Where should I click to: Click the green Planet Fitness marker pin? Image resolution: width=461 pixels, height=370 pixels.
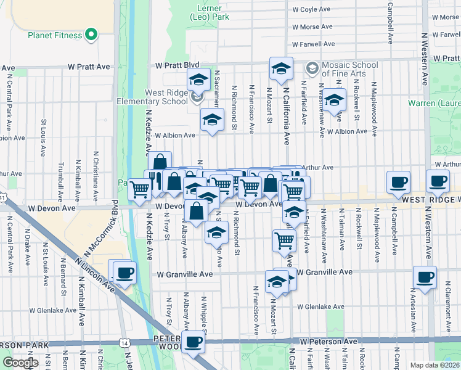92,35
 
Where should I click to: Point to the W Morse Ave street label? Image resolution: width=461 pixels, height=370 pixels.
312,27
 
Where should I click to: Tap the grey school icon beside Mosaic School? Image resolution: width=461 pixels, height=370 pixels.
312,67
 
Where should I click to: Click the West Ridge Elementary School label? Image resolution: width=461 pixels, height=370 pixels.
158,97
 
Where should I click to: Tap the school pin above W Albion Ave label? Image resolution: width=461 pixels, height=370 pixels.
212,120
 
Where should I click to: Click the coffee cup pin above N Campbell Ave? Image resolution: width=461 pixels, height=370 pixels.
398,181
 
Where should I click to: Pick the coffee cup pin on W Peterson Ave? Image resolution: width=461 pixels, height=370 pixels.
194,341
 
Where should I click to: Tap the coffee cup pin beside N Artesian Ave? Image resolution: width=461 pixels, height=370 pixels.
424,277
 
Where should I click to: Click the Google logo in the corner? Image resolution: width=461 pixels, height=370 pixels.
20,363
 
